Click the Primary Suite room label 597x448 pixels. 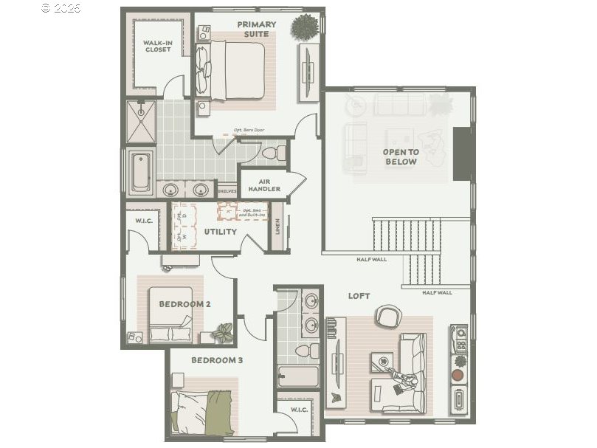256,29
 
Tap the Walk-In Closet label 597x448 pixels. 157,46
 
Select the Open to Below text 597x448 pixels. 401,157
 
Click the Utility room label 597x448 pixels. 221,232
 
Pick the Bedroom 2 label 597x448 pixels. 185,303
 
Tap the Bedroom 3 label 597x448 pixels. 217,360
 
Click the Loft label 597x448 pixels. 359,296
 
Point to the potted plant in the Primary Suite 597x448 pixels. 303,27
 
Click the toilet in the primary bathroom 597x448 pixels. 273,153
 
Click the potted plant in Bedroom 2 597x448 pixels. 222,333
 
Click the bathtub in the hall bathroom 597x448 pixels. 297,375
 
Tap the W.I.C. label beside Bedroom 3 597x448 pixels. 299,410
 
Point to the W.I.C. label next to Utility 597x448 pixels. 144,220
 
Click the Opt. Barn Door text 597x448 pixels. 249,130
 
